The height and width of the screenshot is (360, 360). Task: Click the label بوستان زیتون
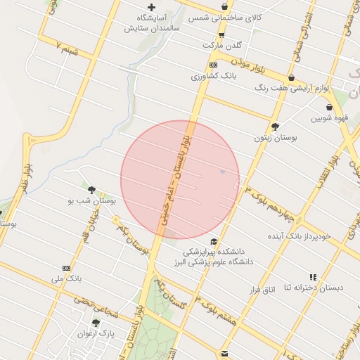(x=276, y=139)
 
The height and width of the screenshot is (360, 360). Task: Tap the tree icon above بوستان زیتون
(x=276, y=127)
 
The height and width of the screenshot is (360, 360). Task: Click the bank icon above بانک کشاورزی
(x=214, y=65)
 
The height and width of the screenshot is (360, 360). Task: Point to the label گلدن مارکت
(x=222, y=44)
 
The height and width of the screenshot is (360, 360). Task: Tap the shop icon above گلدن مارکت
(x=222, y=34)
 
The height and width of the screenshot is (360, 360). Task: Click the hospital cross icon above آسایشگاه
(x=151, y=7)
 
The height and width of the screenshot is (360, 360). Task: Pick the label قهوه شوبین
(x=328, y=117)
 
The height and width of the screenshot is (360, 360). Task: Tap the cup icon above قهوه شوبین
(x=329, y=107)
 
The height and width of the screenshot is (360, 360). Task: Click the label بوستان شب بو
(x=91, y=200)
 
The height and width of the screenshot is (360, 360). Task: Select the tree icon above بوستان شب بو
(x=91, y=189)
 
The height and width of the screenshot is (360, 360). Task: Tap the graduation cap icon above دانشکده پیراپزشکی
(x=214, y=241)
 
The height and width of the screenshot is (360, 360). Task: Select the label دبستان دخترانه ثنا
(x=314, y=288)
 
